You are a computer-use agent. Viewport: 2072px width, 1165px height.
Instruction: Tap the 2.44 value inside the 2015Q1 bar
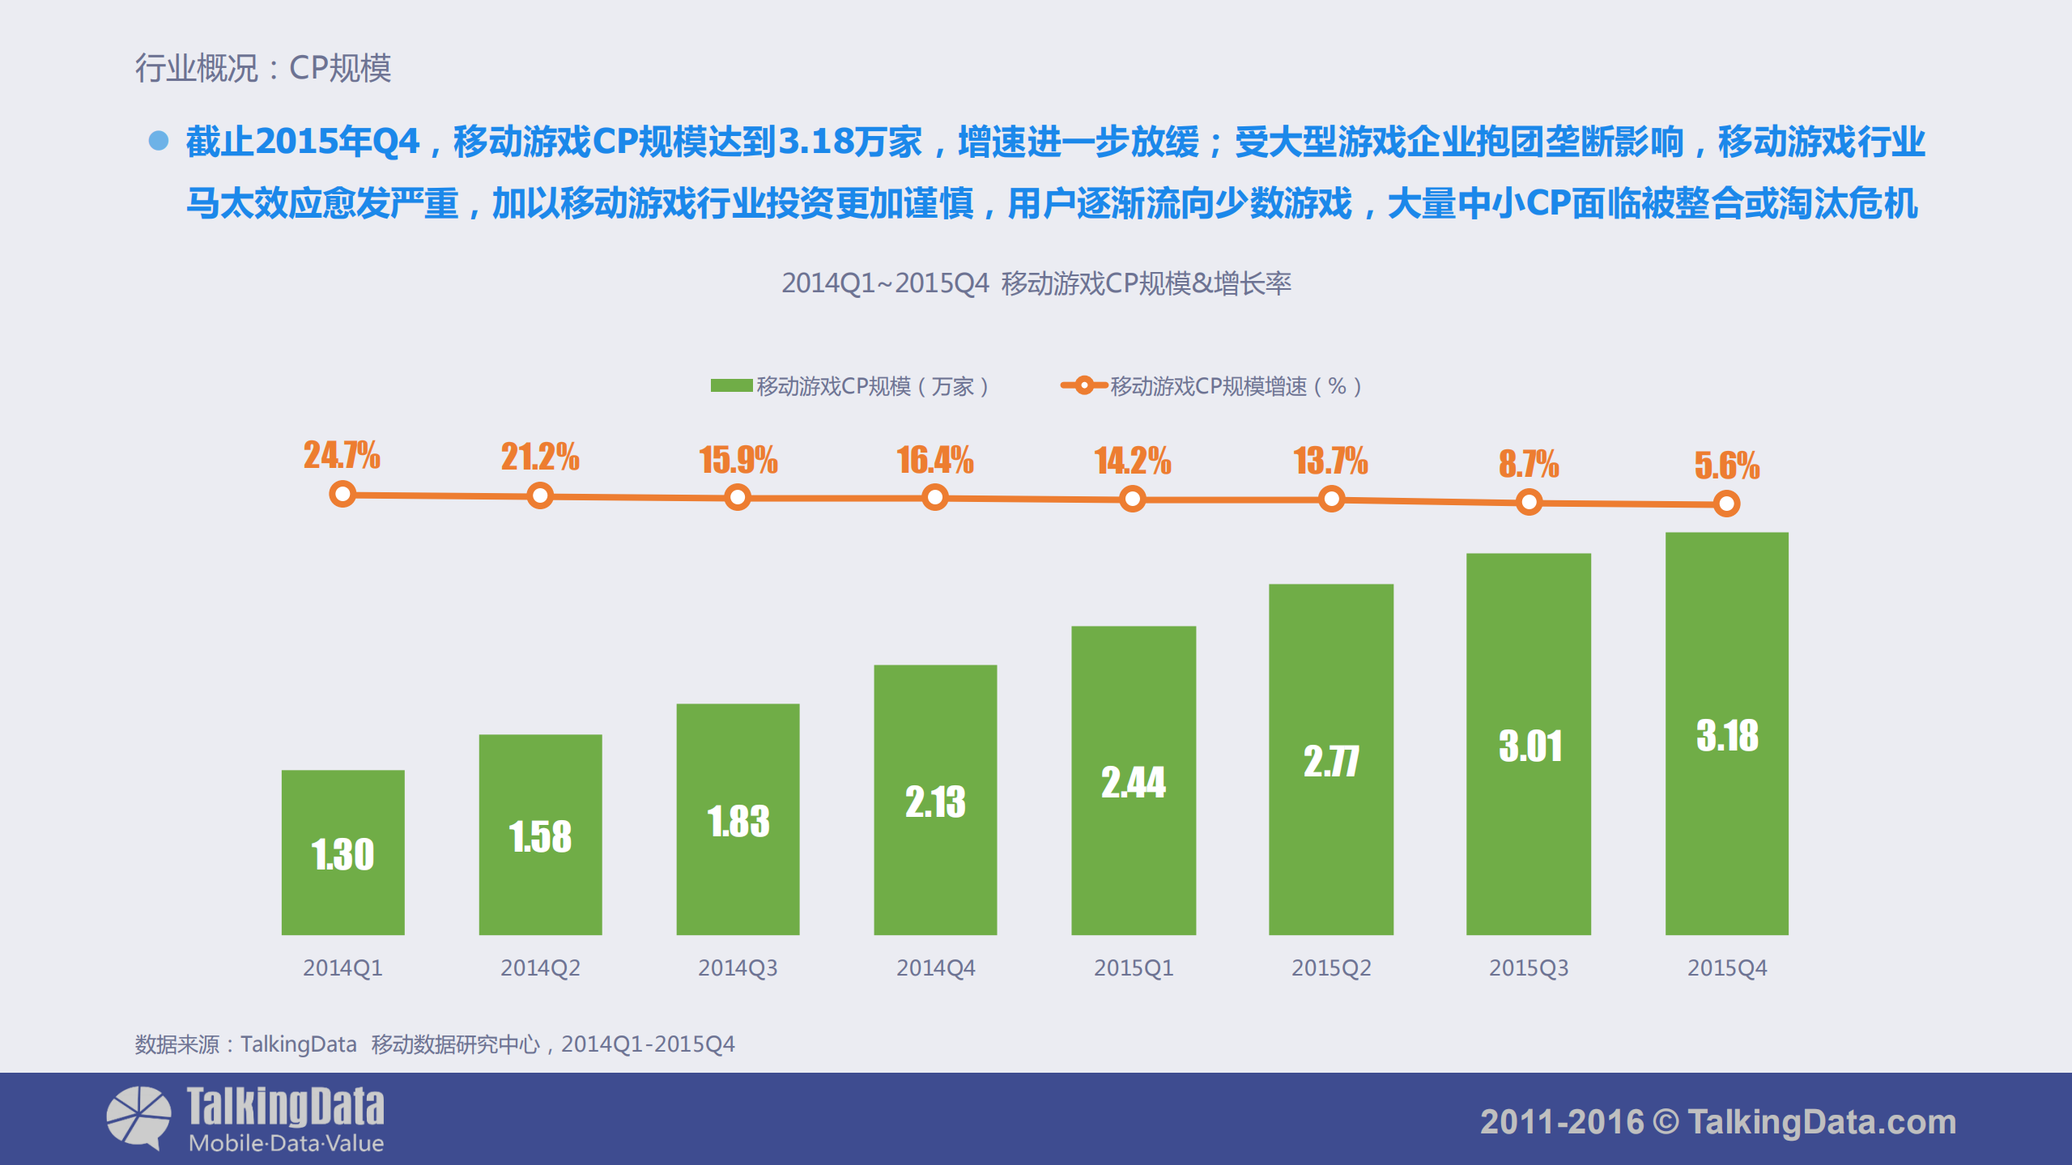[1133, 783]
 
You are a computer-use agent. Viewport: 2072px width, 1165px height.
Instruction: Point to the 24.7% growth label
[342, 455]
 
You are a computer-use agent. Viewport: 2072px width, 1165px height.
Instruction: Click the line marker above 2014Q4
[935, 497]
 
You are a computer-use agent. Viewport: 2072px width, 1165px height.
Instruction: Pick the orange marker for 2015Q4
[1725, 504]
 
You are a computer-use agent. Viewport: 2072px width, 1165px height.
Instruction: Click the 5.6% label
[1726, 466]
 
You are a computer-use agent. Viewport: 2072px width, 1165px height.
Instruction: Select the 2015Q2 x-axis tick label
[1330, 967]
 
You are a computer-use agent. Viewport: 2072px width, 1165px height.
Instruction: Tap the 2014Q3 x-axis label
[738, 967]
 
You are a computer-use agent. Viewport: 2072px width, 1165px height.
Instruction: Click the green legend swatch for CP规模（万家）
[731, 386]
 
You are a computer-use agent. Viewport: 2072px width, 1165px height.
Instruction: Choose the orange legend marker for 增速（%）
[1083, 385]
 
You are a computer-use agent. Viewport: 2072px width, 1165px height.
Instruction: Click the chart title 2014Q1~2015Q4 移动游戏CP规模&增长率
[1036, 283]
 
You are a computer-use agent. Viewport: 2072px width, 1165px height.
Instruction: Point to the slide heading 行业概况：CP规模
[262, 68]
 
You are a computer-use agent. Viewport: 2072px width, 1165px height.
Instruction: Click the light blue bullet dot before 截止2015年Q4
[159, 141]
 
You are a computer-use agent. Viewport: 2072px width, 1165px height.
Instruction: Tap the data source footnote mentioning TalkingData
[434, 1044]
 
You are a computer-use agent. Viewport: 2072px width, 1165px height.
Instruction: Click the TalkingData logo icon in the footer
[138, 1117]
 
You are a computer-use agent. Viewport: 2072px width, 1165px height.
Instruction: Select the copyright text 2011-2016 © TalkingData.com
[1717, 1122]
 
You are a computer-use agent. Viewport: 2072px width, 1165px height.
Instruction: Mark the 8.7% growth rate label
[1528, 464]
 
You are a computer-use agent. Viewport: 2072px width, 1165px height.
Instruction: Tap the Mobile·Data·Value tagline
[286, 1144]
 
